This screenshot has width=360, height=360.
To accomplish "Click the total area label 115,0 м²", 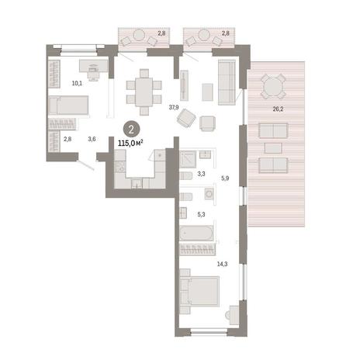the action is point(130,143).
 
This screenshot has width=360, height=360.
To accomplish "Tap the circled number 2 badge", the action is point(131,130).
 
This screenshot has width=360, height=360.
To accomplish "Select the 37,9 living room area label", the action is point(174,107).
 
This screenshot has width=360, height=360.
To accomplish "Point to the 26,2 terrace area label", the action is point(278,109).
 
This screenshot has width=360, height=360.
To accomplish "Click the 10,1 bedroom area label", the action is point(77,83).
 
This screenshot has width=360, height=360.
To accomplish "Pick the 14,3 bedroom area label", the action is point(223,264).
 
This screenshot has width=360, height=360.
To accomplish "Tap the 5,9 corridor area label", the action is point(225,178).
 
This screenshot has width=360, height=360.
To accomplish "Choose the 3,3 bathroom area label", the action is point(201,174).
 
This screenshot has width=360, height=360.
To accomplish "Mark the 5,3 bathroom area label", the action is point(201,214).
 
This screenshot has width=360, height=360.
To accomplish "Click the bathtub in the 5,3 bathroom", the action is point(196,233).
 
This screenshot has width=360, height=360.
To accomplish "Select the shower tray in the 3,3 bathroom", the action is point(188,159).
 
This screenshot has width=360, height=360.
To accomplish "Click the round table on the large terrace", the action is point(273,87).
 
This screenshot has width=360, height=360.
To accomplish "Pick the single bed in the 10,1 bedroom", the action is point(69,105).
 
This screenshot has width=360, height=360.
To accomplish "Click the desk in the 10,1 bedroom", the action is point(93,66).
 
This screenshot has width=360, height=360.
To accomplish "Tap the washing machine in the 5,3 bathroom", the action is point(209,194).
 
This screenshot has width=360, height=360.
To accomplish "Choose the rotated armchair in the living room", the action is point(186,118).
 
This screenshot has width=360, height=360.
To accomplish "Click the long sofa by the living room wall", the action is point(227,82).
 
